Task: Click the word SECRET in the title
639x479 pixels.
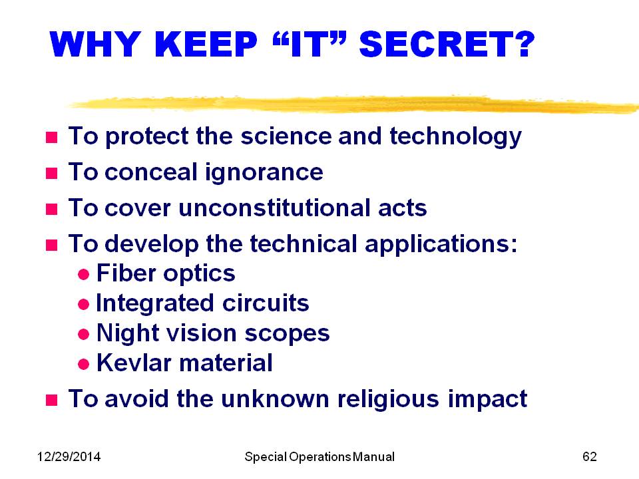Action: (x=447, y=44)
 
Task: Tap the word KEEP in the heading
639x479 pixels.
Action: (x=206, y=44)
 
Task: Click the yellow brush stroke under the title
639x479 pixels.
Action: (x=353, y=104)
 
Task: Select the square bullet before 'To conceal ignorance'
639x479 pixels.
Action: (x=51, y=174)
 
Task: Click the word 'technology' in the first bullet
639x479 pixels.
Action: (x=455, y=137)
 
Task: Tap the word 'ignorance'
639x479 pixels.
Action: (x=264, y=173)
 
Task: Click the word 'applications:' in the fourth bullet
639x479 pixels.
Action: (x=441, y=245)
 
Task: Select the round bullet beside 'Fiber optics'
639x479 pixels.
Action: (x=84, y=274)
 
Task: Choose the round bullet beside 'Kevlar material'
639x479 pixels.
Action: (x=84, y=364)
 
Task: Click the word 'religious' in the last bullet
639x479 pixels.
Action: (x=388, y=399)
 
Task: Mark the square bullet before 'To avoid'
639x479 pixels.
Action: (x=51, y=400)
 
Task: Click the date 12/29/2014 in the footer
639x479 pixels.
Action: (x=69, y=456)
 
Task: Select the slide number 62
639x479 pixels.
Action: (x=590, y=456)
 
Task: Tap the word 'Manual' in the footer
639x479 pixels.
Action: (x=373, y=456)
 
